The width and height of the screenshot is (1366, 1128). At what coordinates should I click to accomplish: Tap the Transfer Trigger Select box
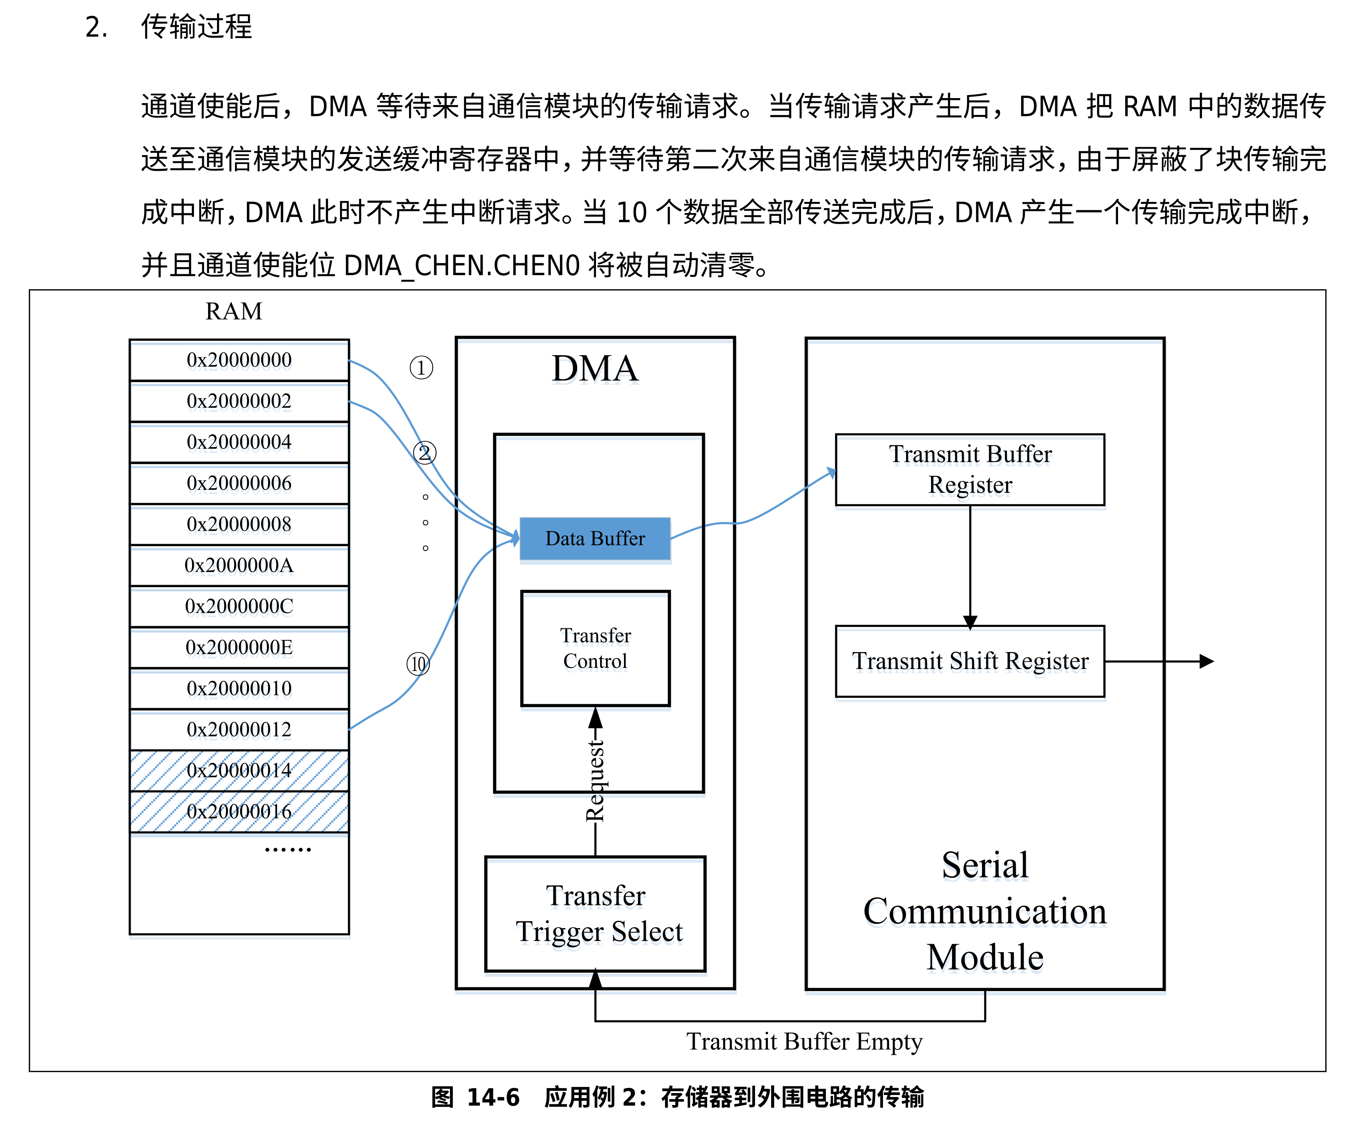tap(595, 913)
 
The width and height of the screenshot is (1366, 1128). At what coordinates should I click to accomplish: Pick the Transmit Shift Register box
tap(970, 661)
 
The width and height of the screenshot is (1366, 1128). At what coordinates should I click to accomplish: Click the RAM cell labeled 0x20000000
tap(239, 360)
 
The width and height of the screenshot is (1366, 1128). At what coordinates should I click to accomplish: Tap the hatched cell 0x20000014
tap(239, 771)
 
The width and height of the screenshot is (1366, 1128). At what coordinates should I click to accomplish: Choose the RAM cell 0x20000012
tap(239, 730)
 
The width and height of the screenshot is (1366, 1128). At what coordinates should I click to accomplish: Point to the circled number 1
tap(421, 368)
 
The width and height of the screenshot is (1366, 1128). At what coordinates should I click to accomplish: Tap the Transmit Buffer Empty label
tap(804, 1041)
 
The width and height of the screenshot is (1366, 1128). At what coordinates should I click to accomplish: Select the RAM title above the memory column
tap(234, 311)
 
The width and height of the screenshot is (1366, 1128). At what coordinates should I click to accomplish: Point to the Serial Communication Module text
tap(985, 911)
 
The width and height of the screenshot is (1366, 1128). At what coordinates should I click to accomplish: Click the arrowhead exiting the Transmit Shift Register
tap(1207, 661)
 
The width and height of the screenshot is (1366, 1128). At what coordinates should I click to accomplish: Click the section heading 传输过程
tap(196, 27)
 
